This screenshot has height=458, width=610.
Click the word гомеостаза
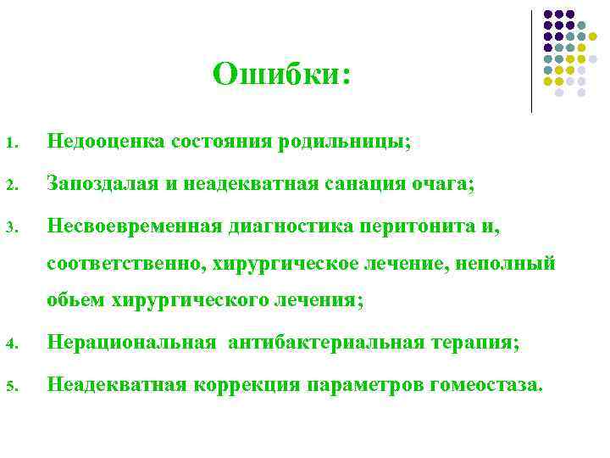click(484, 385)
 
